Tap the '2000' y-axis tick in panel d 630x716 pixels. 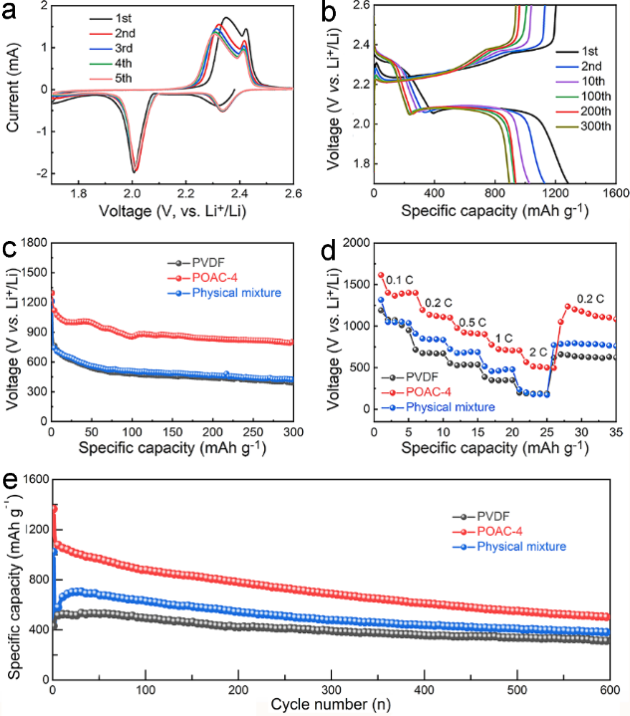tap(358, 243)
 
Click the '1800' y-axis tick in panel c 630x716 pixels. tap(28, 243)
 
